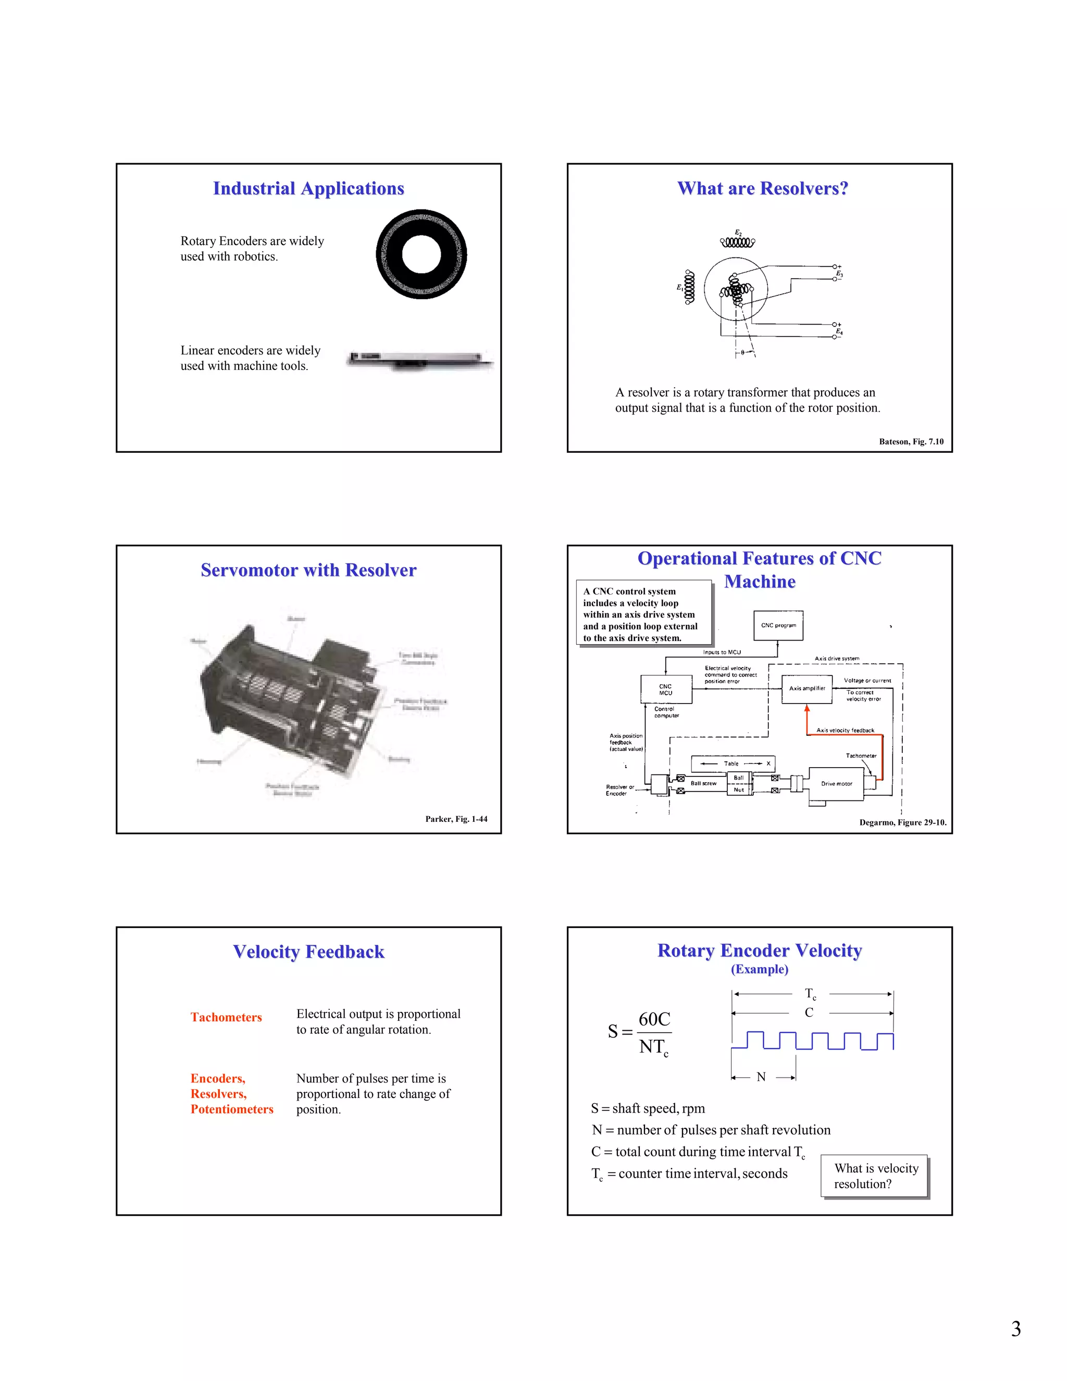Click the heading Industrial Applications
click(308, 189)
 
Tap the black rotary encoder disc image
click(421, 254)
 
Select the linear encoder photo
click(420, 361)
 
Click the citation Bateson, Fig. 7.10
click(910, 441)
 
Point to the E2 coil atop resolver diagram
click(738, 242)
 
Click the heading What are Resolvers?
click(762, 189)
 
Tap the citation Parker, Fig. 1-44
click(456, 819)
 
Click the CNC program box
click(778, 625)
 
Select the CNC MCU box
click(666, 689)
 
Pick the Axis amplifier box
click(807, 688)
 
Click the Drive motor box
click(836, 784)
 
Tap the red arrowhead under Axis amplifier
click(807, 709)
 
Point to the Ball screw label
click(703, 783)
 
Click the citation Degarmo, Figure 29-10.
click(903, 823)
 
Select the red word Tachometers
click(226, 1017)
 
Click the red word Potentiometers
click(232, 1109)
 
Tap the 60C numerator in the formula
click(654, 1019)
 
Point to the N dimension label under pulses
click(761, 1077)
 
